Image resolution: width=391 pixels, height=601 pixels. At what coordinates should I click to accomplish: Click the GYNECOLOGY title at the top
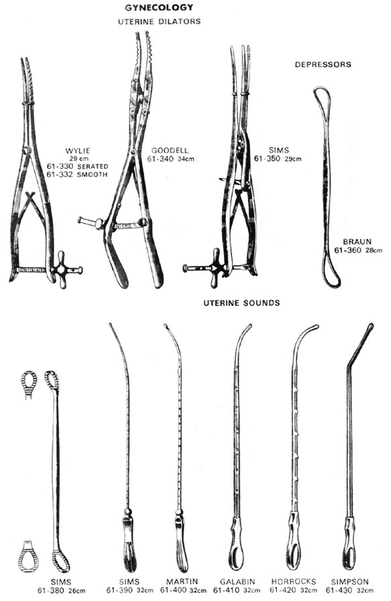click(x=159, y=7)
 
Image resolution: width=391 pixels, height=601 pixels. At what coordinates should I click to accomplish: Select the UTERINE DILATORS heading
click(x=159, y=21)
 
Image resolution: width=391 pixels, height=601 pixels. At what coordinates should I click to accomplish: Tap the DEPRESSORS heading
click(x=323, y=64)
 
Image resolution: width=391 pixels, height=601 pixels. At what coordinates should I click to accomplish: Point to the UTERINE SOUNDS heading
click(x=241, y=303)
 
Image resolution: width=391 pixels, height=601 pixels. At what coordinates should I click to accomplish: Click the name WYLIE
click(x=77, y=151)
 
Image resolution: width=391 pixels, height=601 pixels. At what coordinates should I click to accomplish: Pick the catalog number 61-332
click(x=58, y=175)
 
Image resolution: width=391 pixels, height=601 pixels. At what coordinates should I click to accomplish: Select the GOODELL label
click(x=170, y=151)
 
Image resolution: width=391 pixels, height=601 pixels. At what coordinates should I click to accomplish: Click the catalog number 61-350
click(x=267, y=158)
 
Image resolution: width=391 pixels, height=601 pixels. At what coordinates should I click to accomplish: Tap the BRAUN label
click(x=357, y=242)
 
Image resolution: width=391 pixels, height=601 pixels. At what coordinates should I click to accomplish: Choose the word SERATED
click(x=93, y=167)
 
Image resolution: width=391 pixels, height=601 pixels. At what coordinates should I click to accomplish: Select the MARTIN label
click(x=182, y=582)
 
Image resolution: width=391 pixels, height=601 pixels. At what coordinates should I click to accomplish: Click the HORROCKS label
click(x=294, y=582)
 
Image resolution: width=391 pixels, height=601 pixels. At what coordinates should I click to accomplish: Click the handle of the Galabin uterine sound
click(x=236, y=543)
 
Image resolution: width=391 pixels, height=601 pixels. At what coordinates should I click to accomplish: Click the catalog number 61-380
click(x=51, y=590)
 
